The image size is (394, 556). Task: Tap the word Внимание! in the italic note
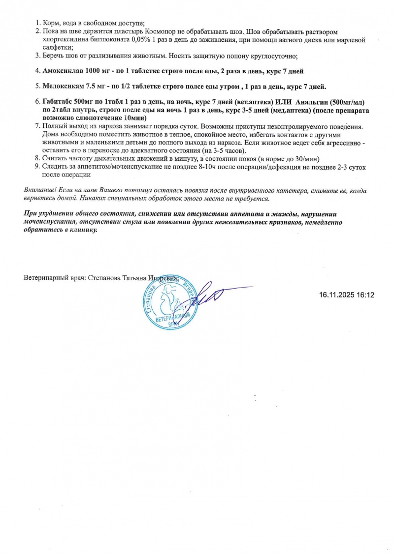40,190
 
